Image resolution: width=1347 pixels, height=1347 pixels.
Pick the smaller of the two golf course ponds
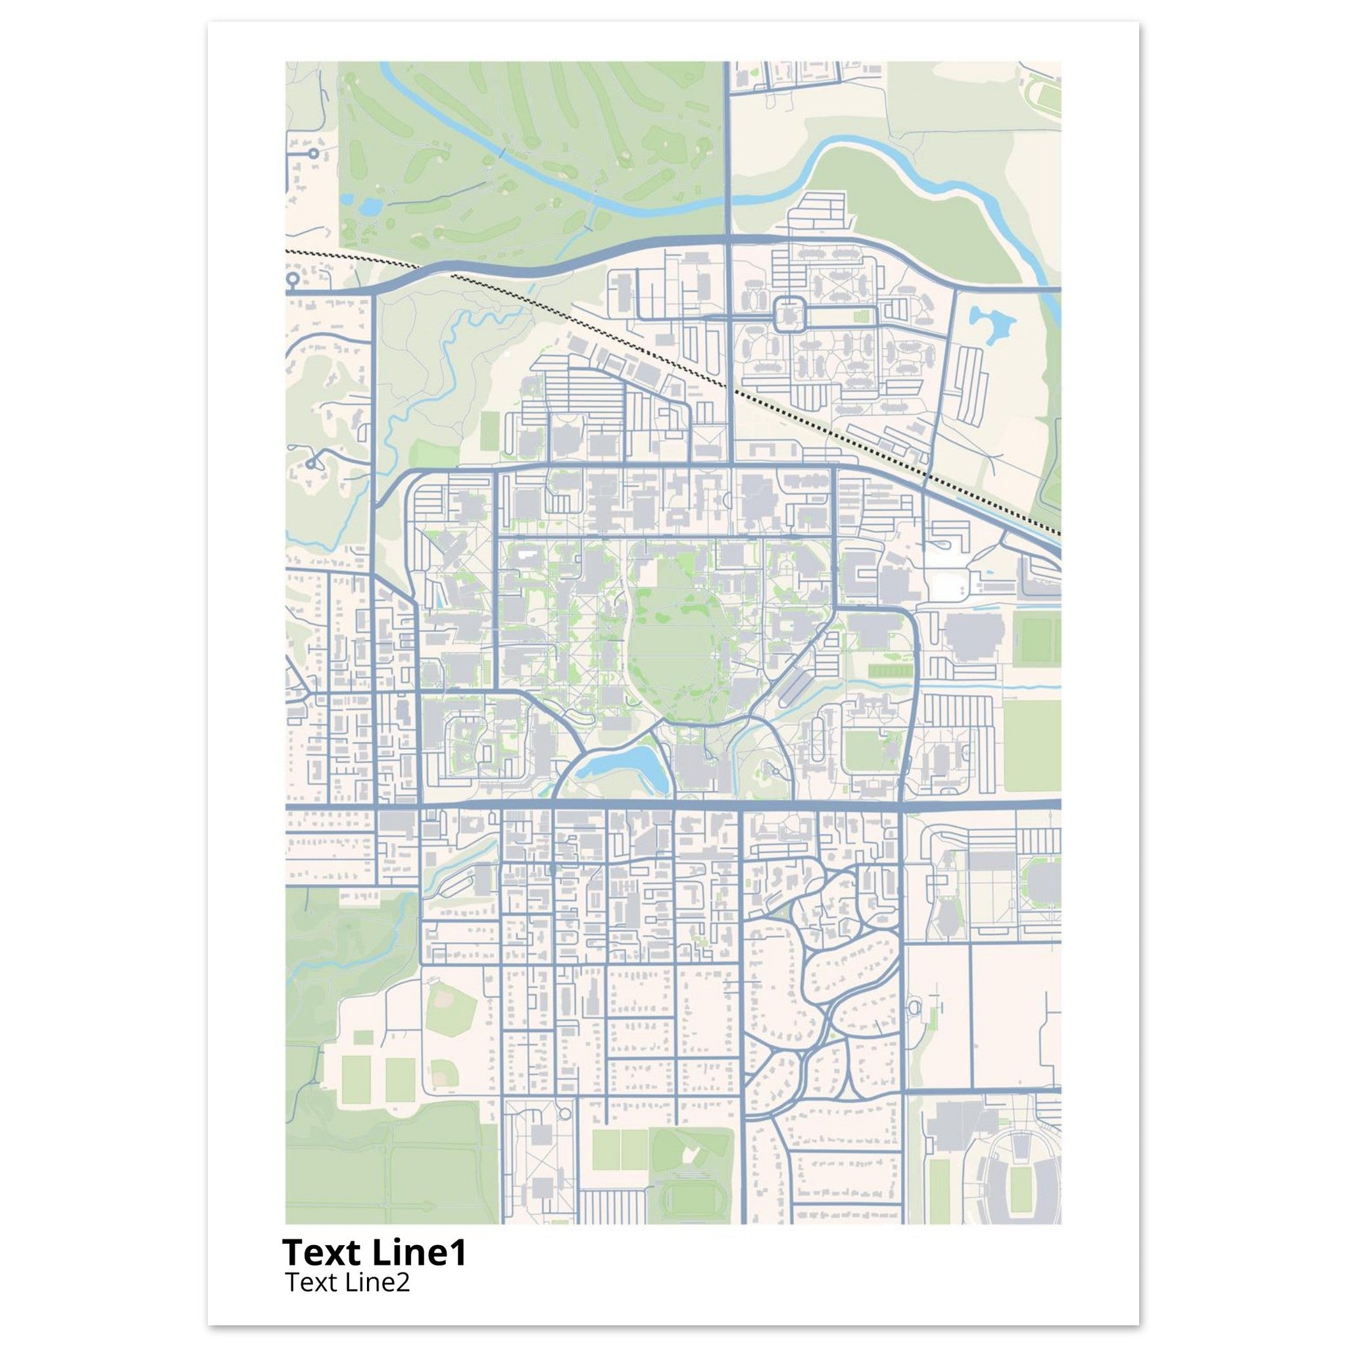pos(347,198)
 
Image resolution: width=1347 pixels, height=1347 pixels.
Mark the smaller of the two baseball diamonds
pos(440,1073)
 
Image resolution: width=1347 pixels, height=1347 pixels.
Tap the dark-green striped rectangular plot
pos(890,670)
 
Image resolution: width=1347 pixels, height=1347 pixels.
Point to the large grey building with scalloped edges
pos(974,635)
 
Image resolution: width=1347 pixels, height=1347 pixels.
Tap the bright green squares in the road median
pos(864,316)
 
